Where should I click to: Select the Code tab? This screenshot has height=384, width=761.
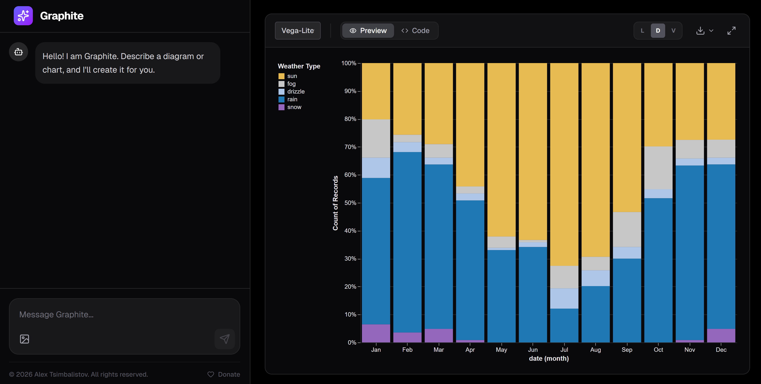[415, 31]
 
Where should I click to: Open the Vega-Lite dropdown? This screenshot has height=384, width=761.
[297, 31]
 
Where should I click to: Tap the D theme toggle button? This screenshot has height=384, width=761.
[658, 31]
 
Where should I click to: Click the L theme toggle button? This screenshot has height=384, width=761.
[642, 31]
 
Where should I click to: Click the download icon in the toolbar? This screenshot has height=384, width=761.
[700, 31]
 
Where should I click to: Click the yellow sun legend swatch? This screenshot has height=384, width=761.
[281, 76]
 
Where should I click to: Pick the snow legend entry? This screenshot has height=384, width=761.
[294, 107]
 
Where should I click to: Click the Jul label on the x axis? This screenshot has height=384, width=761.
[564, 350]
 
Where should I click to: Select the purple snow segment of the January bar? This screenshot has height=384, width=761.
[376, 333]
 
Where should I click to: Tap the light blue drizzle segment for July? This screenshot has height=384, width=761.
[564, 298]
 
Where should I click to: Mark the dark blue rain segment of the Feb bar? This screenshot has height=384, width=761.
[407, 242]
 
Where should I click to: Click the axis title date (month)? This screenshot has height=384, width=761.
[549, 359]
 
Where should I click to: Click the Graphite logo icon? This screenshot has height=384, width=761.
[23, 16]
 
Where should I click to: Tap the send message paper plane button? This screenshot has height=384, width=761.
[225, 339]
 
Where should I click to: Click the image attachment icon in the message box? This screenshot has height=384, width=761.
[25, 339]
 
